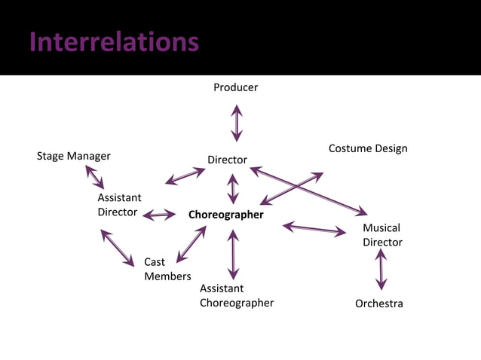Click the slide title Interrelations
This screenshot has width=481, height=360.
pos(114,42)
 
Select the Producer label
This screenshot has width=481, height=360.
pos(235,87)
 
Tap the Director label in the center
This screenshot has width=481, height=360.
pos(227,160)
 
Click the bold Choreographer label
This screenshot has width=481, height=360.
pos(226,215)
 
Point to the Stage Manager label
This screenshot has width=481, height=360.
pos(74,156)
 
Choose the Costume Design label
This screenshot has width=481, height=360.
pos(368,148)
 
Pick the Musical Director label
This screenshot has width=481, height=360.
pos(382,235)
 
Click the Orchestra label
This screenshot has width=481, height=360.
pos(379,304)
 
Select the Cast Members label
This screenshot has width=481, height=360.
pos(167,269)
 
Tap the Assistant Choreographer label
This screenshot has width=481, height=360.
pos(236,295)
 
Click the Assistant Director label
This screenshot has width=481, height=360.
pos(118,205)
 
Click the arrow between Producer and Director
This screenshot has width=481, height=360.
pos(237,123)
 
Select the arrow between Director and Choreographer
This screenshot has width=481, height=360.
pos(233,188)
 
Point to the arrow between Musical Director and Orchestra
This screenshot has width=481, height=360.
pos(381,270)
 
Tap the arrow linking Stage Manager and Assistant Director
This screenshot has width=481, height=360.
pos(95,177)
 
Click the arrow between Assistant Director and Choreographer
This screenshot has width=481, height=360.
pos(159,215)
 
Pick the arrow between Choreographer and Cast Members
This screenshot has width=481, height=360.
pos(191,243)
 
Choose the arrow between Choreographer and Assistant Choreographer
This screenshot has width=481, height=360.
pos(233,255)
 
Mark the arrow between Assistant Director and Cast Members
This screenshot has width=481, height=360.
pos(117,248)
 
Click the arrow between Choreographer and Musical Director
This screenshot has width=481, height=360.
pos(314,228)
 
